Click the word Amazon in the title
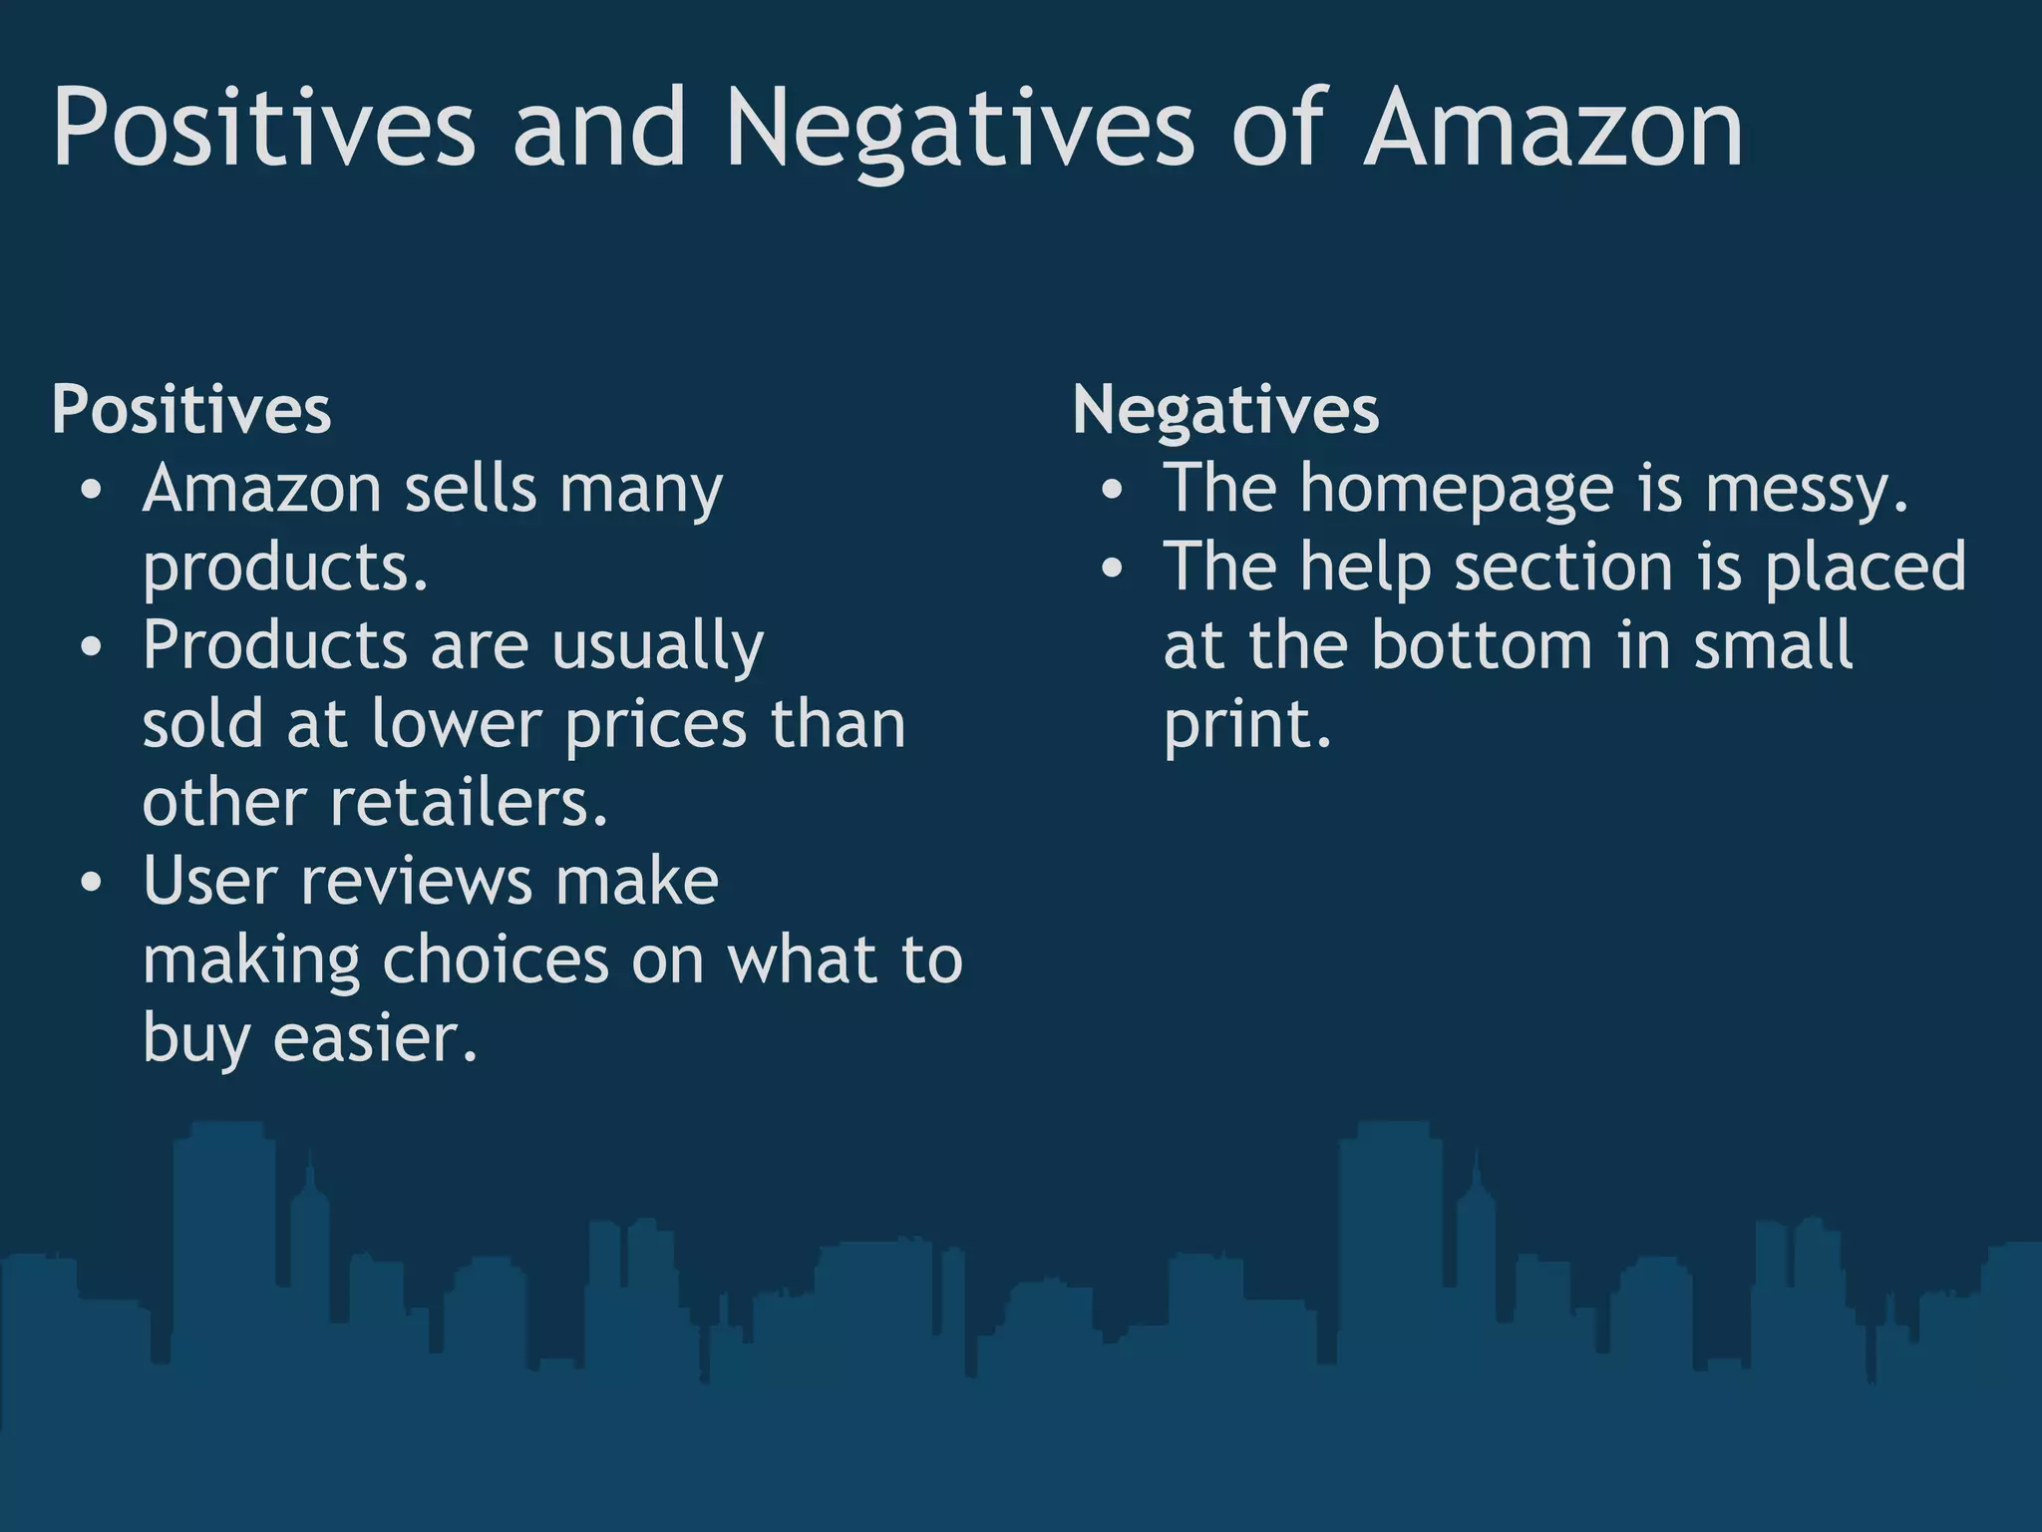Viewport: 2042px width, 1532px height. (1553, 130)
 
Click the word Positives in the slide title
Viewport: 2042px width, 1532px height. (264, 130)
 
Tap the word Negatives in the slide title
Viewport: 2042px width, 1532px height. (959, 130)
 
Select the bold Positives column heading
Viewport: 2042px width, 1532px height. (191, 410)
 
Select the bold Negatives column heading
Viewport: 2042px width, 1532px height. (1225, 410)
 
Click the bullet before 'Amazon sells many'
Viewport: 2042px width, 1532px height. (93, 492)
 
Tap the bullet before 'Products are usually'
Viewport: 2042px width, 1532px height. (93, 648)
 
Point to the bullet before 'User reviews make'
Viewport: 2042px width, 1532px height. (93, 884)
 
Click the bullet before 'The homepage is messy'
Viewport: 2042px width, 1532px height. (1114, 492)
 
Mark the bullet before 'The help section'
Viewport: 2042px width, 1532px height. (1114, 570)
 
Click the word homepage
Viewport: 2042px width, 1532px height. (1456, 490)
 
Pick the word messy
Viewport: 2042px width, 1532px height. (1806, 490)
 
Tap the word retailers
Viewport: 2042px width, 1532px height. (469, 803)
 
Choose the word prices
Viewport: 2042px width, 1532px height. (655, 724)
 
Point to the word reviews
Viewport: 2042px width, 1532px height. (417, 882)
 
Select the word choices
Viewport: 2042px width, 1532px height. (495, 959)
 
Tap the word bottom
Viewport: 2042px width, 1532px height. (1482, 645)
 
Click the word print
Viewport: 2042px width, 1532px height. (1246, 724)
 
